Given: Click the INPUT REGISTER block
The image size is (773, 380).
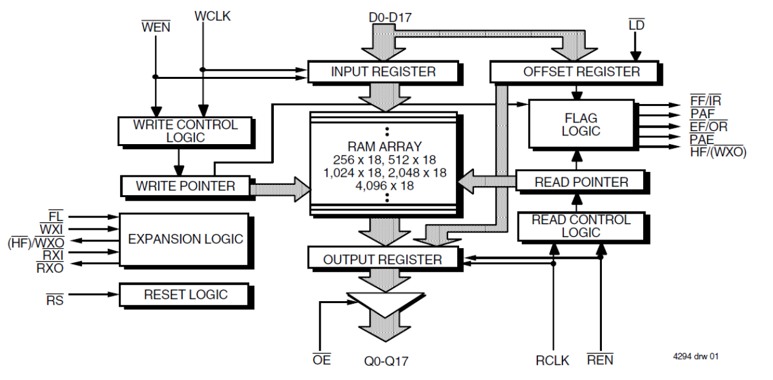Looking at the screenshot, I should click(x=383, y=71).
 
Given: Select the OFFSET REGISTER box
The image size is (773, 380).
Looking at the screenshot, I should click(x=581, y=71).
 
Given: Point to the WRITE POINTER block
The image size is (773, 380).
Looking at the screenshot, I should click(x=186, y=185).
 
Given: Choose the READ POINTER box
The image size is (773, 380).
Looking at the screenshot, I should click(x=581, y=182).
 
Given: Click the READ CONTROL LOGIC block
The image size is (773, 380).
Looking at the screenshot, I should click(x=581, y=226).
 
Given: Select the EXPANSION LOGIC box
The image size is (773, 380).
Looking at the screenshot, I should click(x=185, y=239).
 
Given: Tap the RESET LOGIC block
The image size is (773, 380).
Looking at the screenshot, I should click(x=185, y=294).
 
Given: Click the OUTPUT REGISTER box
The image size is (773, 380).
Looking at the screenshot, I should click(x=383, y=259).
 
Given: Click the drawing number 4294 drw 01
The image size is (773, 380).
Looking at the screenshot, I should click(x=695, y=357).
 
